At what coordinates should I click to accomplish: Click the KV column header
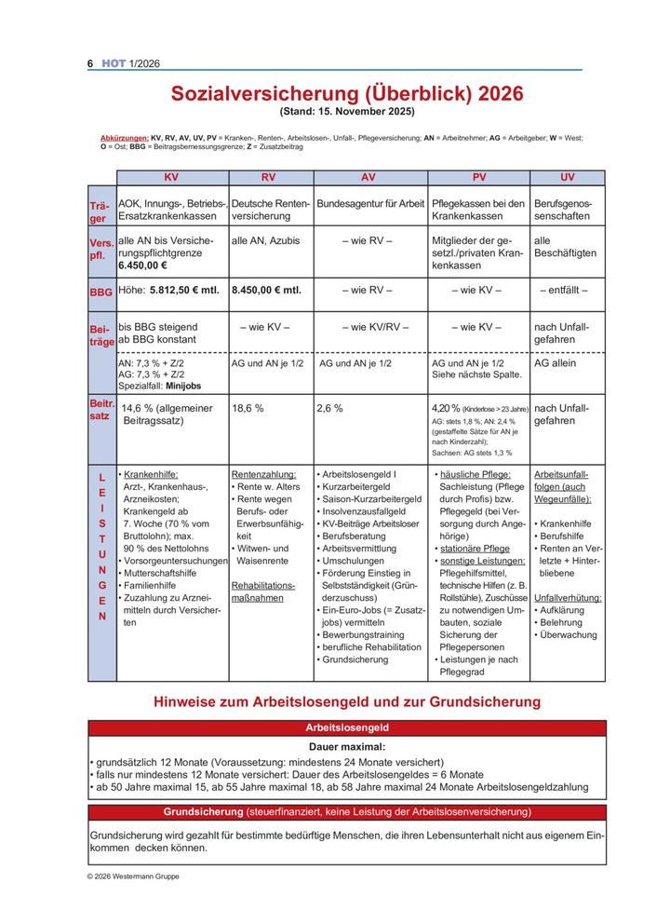tap(171, 177)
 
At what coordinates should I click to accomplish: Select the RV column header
tap(268, 177)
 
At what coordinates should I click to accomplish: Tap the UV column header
tap(567, 177)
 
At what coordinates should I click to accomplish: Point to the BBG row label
tap(100, 292)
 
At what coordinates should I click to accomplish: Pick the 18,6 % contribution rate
tap(247, 408)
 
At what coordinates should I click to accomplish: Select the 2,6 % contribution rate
tap(329, 408)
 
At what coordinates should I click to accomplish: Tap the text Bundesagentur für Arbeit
tap(370, 203)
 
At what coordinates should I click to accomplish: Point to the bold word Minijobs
tap(180, 386)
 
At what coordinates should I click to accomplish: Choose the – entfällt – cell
tap(565, 290)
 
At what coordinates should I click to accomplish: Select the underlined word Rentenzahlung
tap(263, 474)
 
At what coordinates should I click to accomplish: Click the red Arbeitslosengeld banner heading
tap(346, 727)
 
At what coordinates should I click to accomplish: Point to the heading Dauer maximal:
tap(346, 747)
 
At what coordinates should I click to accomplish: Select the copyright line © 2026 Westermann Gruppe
tap(134, 876)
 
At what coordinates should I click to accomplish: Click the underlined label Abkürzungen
tap(124, 137)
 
